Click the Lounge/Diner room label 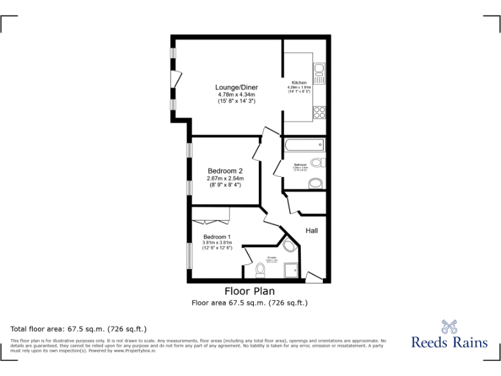pos(237,87)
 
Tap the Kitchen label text pos(299,83)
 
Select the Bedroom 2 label pos(225,171)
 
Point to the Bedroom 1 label pos(217,237)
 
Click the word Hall pos(312,230)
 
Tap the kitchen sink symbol pos(320,70)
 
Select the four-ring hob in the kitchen pos(320,111)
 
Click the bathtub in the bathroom pos(304,145)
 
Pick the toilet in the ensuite pos(260,269)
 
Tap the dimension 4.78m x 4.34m pos(237,95)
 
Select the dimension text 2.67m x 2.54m pos(225,178)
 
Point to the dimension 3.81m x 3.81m pos(217,243)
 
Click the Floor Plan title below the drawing pos(250,291)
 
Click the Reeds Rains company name pos(449,341)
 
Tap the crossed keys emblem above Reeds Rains pos(449,325)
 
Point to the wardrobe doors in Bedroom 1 pos(211,214)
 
